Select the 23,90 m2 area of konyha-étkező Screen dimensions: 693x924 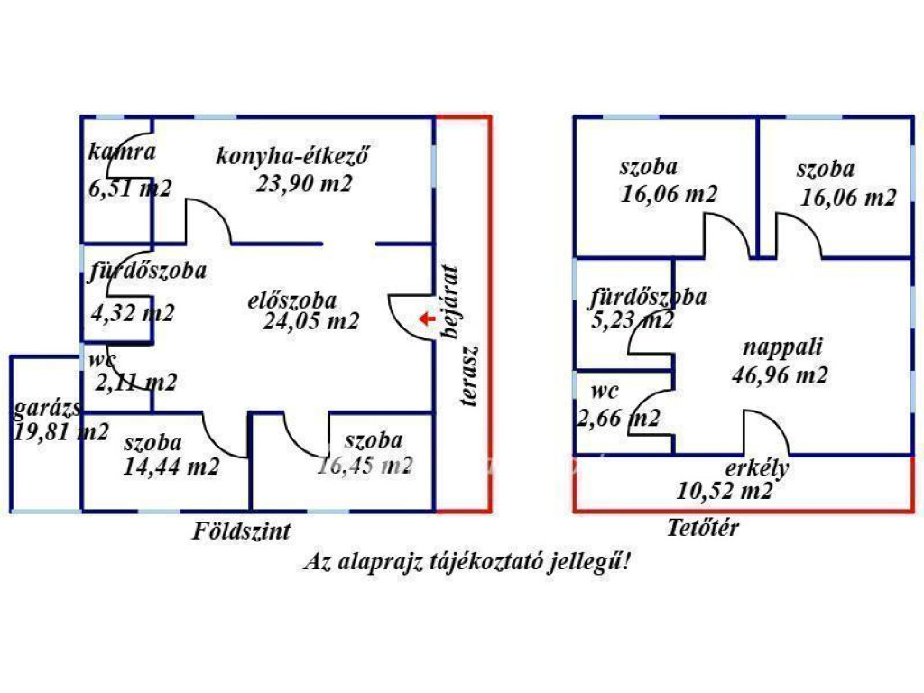click(x=303, y=184)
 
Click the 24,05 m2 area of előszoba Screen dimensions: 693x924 click(x=312, y=320)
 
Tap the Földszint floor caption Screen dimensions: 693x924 click(x=242, y=531)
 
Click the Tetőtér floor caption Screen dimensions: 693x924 click(x=703, y=528)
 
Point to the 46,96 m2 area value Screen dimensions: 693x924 click(x=779, y=375)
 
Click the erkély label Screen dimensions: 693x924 click(x=758, y=468)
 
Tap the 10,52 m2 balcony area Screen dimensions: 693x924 click(x=725, y=491)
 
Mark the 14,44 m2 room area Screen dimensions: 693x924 click(x=171, y=467)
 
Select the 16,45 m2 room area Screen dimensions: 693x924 click(x=365, y=466)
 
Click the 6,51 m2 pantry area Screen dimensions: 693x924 click(x=130, y=188)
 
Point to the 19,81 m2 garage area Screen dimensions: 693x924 click(x=61, y=431)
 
